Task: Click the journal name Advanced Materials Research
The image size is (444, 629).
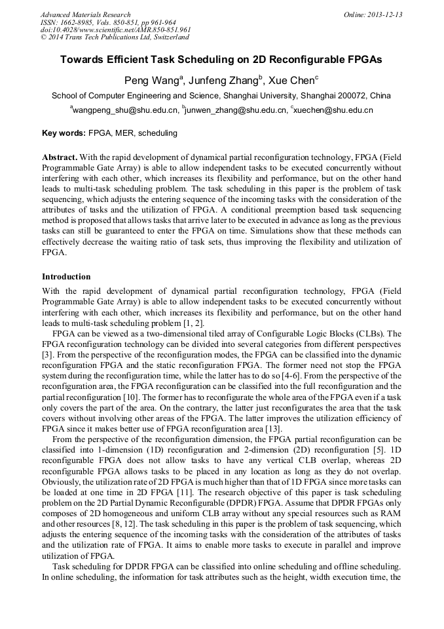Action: tap(85, 14)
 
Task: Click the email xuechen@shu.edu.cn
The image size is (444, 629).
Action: tap(333, 111)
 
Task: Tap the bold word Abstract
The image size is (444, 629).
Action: tap(60, 157)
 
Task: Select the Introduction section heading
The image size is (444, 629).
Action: tap(66, 277)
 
